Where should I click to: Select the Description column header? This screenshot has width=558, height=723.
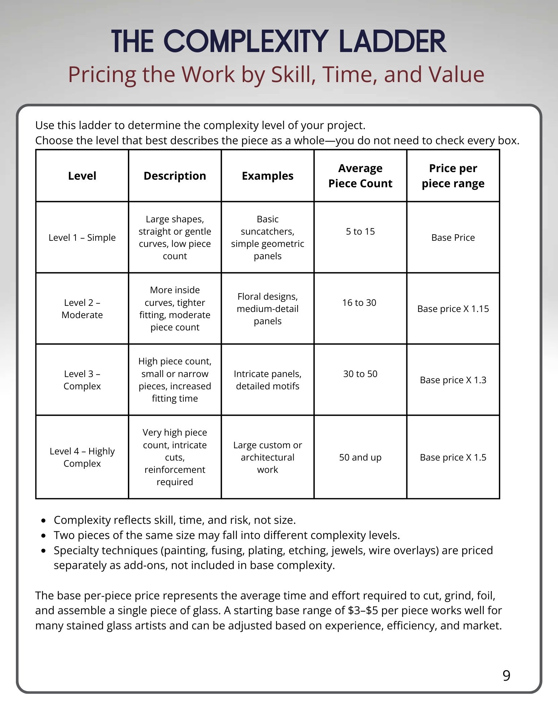pyautogui.click(x=175, y=176)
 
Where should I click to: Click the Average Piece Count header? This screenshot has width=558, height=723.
pyautogui.click(x=360, y=176)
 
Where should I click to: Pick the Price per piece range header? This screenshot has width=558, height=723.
pyautogui.click(x=453, y=176)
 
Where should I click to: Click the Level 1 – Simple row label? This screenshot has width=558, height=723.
pyautogui.click(x=82, y=238)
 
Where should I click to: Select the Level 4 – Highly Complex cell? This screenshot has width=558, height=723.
pyautogui.click(x=82, y=457)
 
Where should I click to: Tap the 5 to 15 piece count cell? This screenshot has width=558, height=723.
pyautogui.click(x=360, y=231)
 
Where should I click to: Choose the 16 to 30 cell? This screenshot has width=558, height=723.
pyautogui.click(x=359, y=303)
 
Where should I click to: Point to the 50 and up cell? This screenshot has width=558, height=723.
pyautogui.click(x=360, y=457)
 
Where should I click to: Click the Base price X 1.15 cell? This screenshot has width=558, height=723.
pyautogui.click(x=453, y=309)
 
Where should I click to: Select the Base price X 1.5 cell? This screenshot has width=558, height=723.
pyautogui.click(x=453, y=457)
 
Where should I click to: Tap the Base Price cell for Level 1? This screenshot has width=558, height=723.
pyautogui.click(x=453, y=238)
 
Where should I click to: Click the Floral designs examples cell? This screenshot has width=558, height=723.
pyautogui.click(x=267, y=309)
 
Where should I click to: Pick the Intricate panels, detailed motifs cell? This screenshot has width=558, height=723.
pyautogui.click(x=267, y=380)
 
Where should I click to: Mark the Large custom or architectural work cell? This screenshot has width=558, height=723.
pyautogui.click(x=267, y=457)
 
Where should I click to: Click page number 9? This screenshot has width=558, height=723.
pyautogui.click(x=506, y=676)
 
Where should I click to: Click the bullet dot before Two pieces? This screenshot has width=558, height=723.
pyautogui.click(x=44, y=535)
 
